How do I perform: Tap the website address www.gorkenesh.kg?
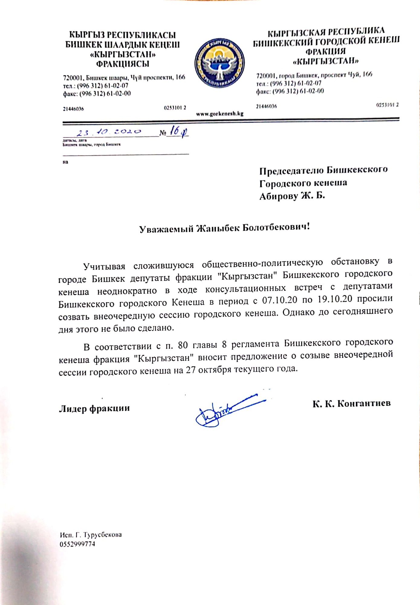click(x=220, y=114)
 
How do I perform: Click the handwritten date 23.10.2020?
click(x=109, y=132)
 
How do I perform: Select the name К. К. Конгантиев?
click(x=351, y=404)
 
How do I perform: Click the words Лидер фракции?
click(x=94, y=408)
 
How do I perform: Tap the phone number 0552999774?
click(x=77, y=544)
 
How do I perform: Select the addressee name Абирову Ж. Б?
click(x=292, y=196)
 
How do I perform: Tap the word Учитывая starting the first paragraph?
click(x=104, y=266)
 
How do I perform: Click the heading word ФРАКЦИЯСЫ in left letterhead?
click(x=123, y=64)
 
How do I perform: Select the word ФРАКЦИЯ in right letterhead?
click(x=325, y=51)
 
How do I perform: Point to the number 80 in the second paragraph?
click(x=183, y=345)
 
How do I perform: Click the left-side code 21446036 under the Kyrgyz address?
click(x=73, y=109)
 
